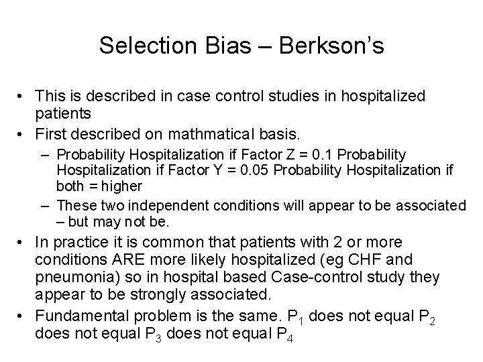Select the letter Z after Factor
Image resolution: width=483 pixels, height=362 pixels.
(x=309, y=156)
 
